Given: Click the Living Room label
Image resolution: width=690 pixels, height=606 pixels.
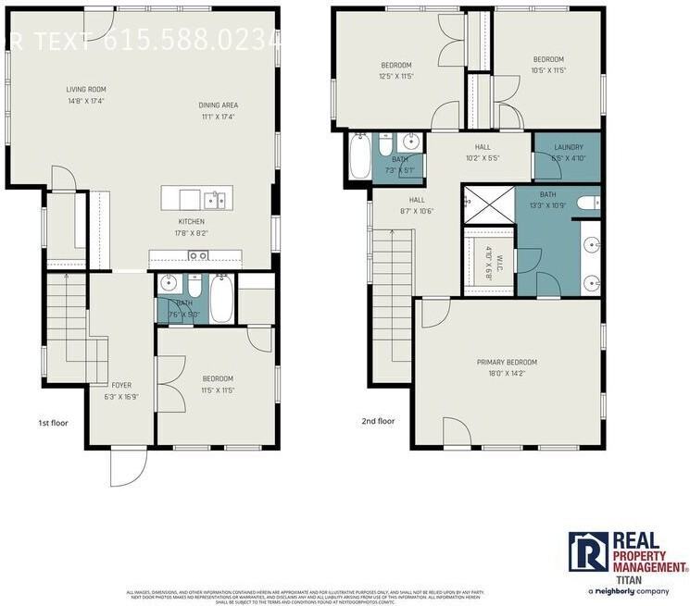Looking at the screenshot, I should pos(84,89).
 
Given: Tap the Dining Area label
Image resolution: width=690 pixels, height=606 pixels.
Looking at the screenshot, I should pos(218,105).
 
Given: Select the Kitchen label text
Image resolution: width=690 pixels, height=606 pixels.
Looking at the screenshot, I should pos(191,222).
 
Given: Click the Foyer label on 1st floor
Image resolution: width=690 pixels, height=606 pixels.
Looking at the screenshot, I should pos(121,385).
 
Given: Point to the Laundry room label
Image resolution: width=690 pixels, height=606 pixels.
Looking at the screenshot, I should pos(568,147).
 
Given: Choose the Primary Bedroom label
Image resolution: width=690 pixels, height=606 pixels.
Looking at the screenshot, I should pos(507,362).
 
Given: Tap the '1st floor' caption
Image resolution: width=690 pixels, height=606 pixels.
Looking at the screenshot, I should pos(53,423).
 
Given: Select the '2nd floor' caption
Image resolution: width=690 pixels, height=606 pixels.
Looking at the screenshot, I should pos(378,421).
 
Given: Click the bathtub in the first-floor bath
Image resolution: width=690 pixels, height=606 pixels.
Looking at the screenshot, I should pos(221,298).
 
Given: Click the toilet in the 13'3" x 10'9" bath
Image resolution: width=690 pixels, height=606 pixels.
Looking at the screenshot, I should pos(587,203).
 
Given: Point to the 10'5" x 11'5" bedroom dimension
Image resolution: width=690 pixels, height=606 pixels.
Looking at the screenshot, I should pos(547,70).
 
